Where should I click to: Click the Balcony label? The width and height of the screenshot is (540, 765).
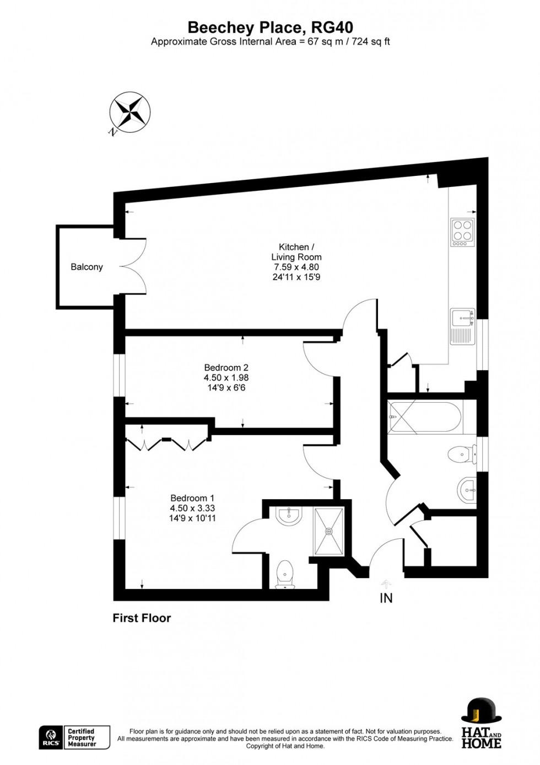[x=87, y=267]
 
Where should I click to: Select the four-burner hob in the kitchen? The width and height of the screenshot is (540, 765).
[x=462, y=232]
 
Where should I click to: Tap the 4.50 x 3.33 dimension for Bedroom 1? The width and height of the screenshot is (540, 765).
[x=192, y=508]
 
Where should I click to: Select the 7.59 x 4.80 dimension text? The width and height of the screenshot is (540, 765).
[x=296, y=267]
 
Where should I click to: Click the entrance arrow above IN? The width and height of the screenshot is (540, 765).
[x=386, y=583]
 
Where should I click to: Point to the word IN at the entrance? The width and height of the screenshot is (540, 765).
[x=386, y=598]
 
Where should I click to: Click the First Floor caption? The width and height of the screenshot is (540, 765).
[x=142, y=618]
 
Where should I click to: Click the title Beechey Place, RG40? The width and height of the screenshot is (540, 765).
[x=270, y=28]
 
